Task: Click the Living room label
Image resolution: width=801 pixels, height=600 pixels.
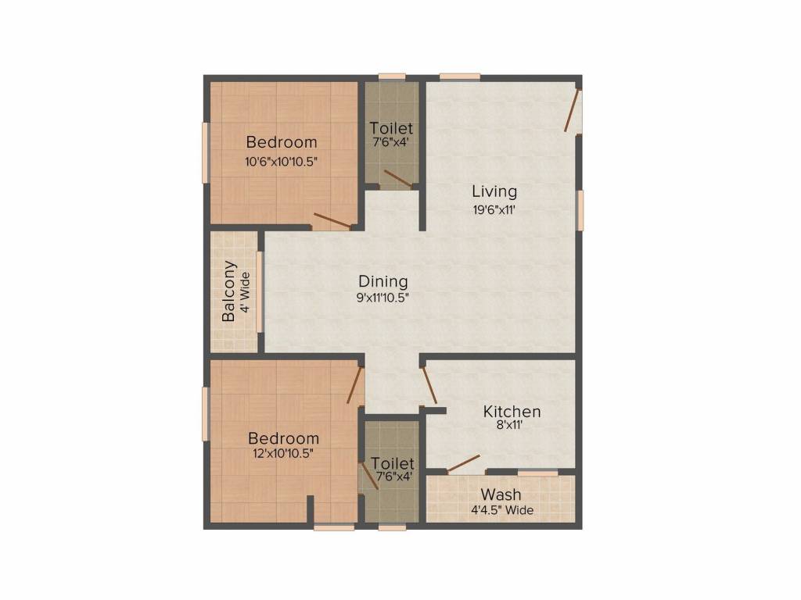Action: point(494,191)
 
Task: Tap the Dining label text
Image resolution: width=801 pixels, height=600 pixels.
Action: point(383,281)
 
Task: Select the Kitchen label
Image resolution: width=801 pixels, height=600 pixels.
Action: point(512,412)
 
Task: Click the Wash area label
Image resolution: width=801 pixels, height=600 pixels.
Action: point(501,495)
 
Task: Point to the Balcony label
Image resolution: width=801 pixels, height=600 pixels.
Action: point(229,291)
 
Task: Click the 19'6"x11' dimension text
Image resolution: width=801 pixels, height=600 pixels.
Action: point(494,209)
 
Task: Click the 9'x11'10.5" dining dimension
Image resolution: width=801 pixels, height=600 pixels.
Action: point(383,297)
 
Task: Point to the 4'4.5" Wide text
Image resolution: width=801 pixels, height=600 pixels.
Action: point(501,510)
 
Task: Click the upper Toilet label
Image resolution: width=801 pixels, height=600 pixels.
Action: point(391,127)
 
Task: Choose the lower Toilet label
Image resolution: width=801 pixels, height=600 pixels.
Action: point(393,463)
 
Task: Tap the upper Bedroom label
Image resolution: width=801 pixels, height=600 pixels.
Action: point(282,142)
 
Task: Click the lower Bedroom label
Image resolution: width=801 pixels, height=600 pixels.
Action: point(283,438)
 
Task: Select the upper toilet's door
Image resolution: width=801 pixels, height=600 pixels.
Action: point(398,180)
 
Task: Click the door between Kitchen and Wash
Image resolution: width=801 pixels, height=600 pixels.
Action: point(464,464)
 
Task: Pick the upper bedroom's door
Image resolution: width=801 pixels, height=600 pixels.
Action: point(332,221)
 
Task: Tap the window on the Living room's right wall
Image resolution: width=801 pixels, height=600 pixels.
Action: point(580,209)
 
